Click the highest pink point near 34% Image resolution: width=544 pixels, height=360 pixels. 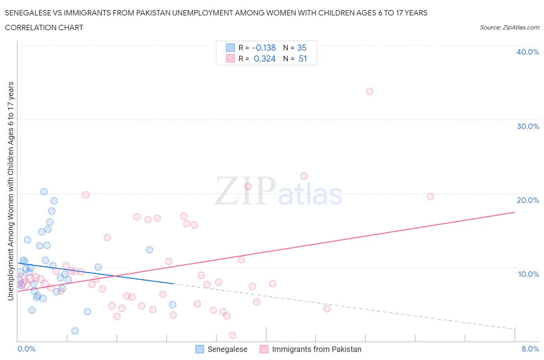pos(369,91)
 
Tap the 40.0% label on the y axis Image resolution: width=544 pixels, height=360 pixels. pos(528,52)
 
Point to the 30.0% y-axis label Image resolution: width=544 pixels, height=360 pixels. pos(528,126)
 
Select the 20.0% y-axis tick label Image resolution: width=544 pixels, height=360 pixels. pos(528,200)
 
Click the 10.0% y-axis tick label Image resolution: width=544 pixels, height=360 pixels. pos(529,274)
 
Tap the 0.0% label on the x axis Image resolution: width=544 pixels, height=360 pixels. pos(26,349)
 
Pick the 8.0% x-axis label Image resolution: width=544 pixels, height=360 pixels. pos(530,349)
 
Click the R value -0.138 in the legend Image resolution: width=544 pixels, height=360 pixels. pos(264,48)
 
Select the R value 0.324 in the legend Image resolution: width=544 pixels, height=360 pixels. pos(265,58)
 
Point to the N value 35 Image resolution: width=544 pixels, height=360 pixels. pos(302,48)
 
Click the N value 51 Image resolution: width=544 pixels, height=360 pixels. pos(303,58)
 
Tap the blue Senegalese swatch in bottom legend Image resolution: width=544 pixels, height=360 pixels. pos(200,349)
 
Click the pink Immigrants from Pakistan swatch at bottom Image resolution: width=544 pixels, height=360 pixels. pos(264,349)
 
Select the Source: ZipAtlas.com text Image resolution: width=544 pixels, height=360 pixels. pos(509,27)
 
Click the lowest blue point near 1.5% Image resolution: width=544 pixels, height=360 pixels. pos(75,331)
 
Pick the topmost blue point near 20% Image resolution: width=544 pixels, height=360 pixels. pos(44,192)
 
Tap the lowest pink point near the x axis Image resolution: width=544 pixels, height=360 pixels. pos(233,335)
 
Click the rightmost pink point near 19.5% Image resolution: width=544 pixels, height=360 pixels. pos(430,196)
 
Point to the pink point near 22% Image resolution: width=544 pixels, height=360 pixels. pos(304,176)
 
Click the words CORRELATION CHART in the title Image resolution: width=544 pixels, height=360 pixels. pos(44,27)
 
